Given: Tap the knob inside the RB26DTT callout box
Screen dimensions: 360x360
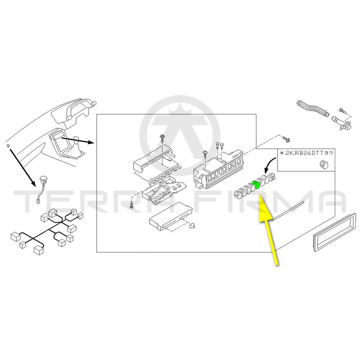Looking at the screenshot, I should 323,165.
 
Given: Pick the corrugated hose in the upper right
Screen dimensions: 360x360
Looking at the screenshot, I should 312,108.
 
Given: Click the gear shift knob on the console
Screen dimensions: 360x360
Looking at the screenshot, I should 76,138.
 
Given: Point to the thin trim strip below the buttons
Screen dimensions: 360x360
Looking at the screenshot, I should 288,211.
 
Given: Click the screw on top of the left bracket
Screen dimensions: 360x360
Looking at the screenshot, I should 162,137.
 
